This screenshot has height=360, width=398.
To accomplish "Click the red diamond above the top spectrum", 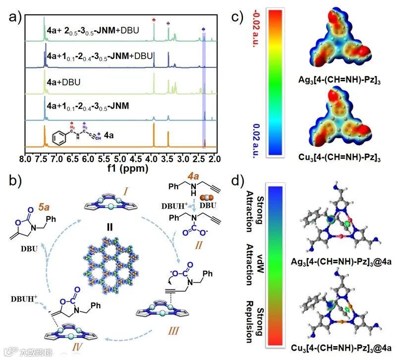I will (x=154, y=20).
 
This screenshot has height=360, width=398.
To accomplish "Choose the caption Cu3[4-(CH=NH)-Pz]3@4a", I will (x=341, y=349).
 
